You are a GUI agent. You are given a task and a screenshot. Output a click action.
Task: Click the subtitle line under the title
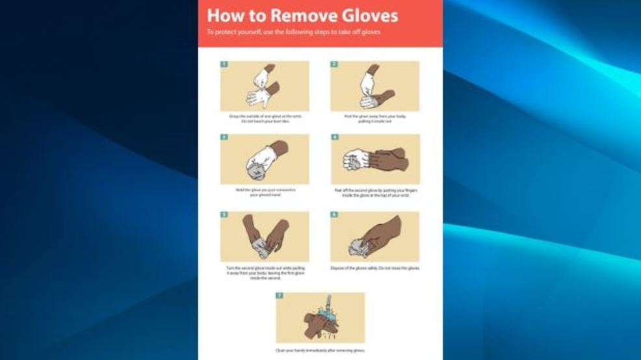tap(293, 32)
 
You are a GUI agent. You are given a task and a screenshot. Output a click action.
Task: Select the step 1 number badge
tap(224, 64)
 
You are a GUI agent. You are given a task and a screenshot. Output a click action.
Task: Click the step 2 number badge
tap(334, 64)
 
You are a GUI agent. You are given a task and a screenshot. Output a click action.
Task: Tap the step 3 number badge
tap(224, 138)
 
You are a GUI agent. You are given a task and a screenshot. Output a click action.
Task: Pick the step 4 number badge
tap(334, 138)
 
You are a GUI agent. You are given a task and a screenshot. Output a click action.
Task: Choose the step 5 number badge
tap(224, 214)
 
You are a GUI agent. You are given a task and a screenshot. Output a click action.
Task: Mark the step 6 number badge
tap(334, 214)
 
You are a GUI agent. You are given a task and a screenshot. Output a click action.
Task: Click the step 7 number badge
tap(280, 296)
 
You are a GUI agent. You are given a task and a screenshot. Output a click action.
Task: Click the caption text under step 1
tap(265, 119)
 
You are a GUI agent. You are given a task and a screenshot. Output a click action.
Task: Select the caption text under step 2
tap(375, 119)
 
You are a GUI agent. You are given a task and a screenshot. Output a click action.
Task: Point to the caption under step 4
tap(375, 193)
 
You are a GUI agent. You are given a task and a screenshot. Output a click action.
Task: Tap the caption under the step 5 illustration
tap(265, 272)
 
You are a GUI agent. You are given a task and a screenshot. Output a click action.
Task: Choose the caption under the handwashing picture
tap(320, 351)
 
